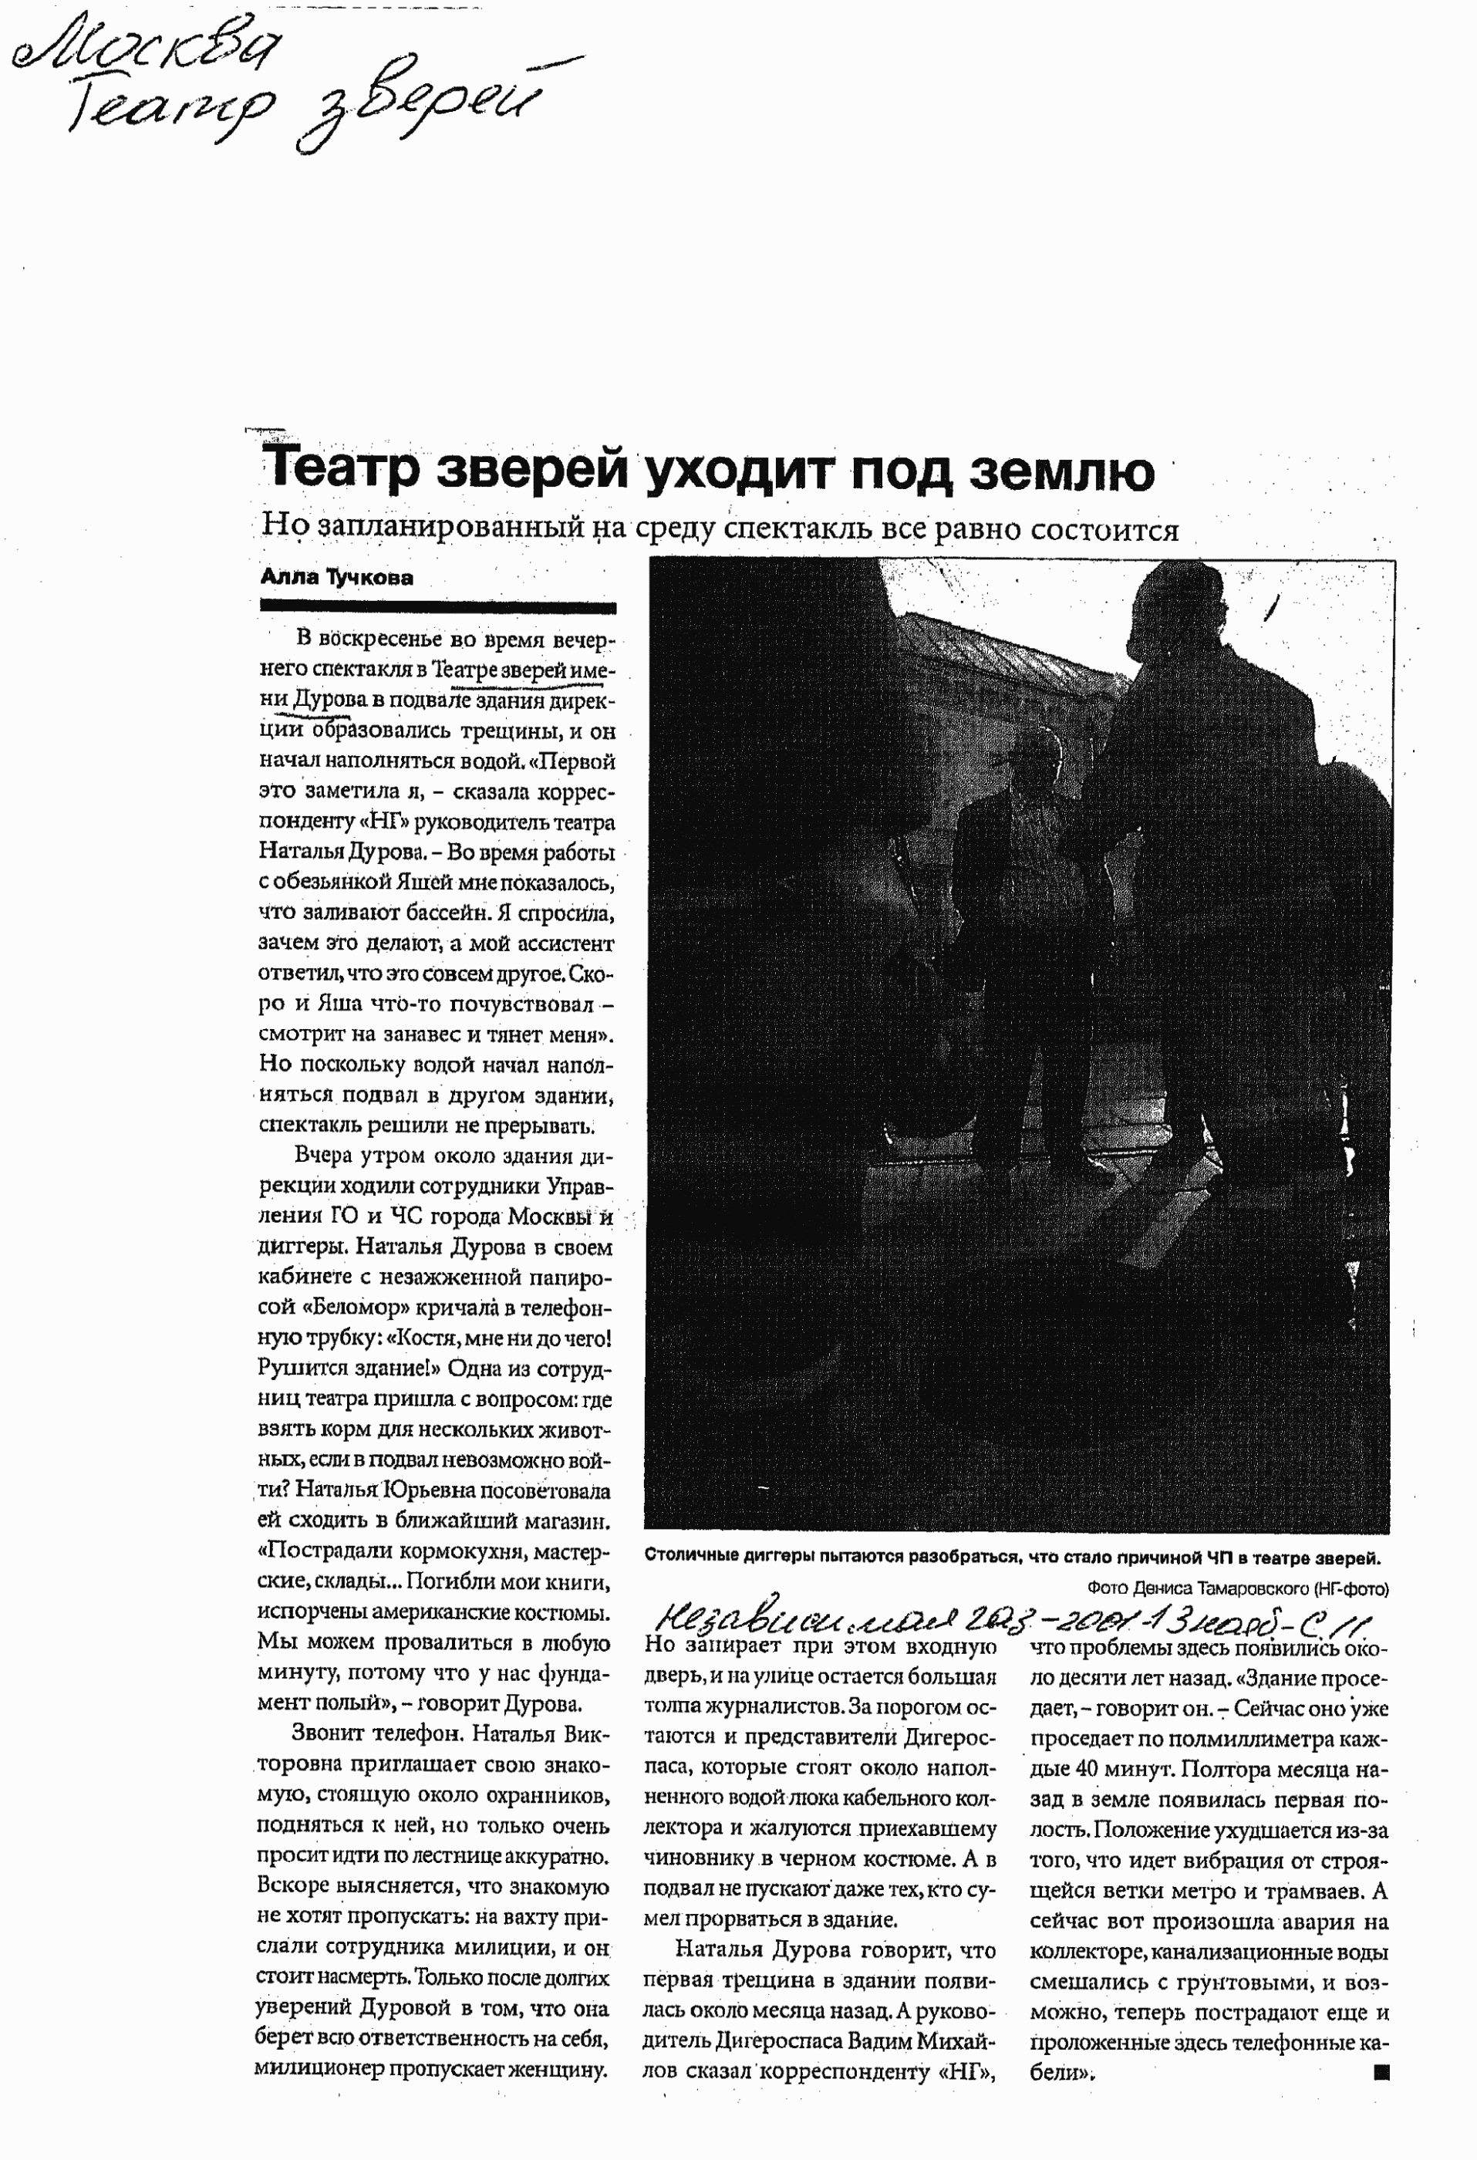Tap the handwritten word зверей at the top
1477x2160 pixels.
pos(418,107)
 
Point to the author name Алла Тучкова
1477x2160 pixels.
pos(336,577)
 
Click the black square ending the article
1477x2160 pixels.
pos(1381,2071)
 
